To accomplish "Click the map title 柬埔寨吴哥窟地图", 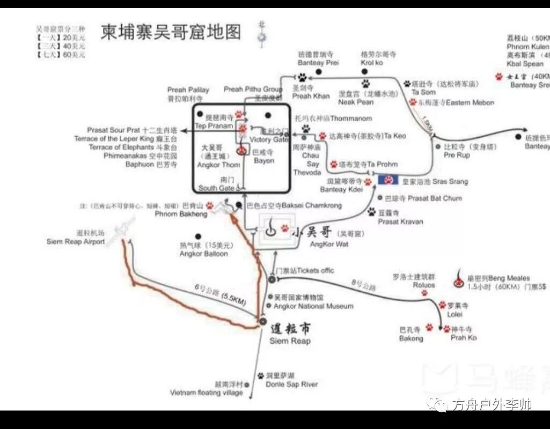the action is tap(171, 32).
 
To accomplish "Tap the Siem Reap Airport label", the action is tap(76, 242).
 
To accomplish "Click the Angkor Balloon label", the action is tap(203, 254).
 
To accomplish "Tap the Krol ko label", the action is tap(372, 63).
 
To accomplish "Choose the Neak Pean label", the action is tap(356, 102).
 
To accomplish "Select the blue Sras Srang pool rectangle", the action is tap(388, 180).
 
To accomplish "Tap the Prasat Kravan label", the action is tap(400, 221).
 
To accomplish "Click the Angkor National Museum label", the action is tap(313, 306).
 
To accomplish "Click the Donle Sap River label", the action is tap(292, 384).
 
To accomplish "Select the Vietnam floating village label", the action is tap(207, 393).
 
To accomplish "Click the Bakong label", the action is tap(411, 338).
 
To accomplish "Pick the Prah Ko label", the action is tap(464, 338).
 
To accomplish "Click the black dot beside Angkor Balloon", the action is tap(199, 236).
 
